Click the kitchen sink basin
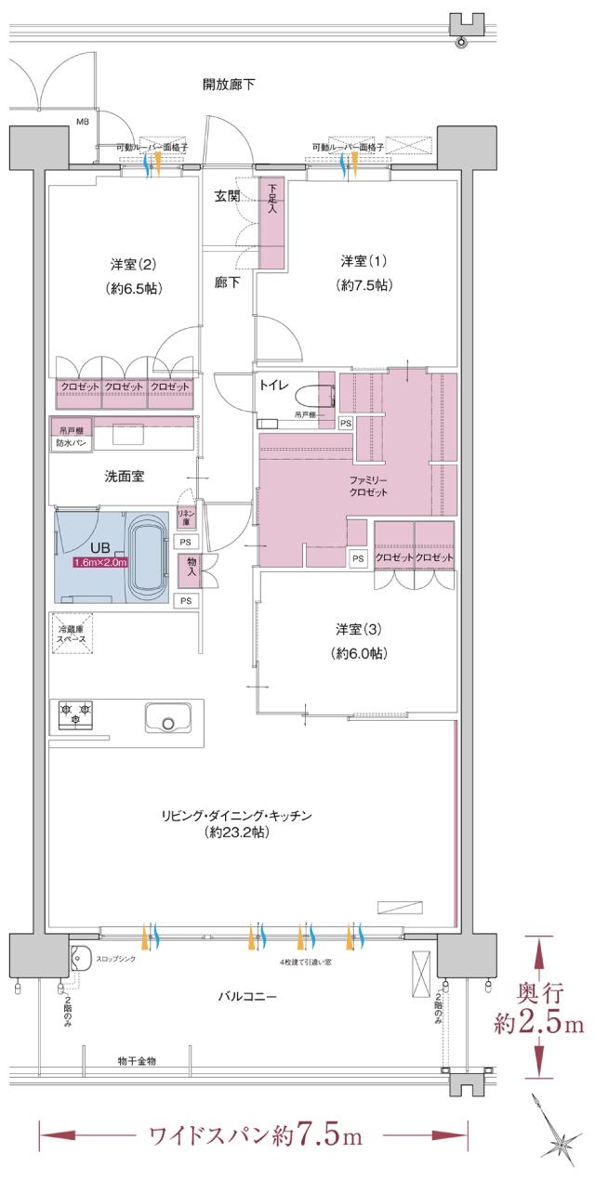point(166,721)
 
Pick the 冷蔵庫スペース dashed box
point(72,635)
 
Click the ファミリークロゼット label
point(368,486)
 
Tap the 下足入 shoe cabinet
point(272,223)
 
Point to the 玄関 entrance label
point(228,196)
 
